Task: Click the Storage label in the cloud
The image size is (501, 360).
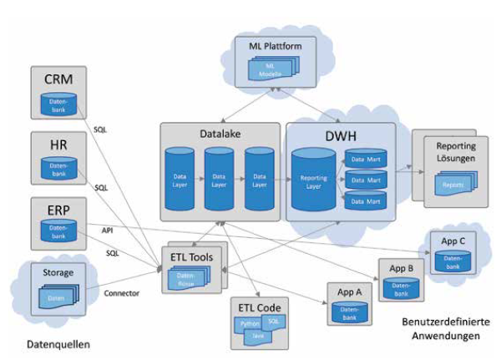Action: (x=58, y=272)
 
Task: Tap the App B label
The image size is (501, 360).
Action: (x=399, y=270)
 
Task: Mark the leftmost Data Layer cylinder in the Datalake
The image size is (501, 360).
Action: (x=180, y=179)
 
